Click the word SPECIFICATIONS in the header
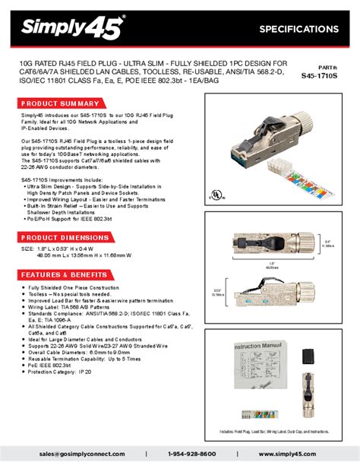298,29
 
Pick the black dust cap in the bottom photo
312,356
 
